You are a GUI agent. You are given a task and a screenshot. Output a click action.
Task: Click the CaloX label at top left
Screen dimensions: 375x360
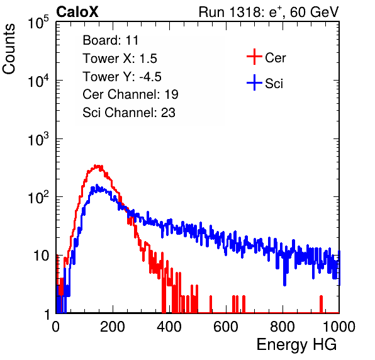[x=77, y=11]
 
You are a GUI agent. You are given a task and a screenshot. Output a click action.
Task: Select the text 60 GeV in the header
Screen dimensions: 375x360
[x=315, y=12]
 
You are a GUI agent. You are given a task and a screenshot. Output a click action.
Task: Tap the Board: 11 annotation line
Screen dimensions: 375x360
[x=111, y=40]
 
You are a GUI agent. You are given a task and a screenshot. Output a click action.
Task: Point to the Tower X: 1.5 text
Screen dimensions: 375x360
[x=120, y=59]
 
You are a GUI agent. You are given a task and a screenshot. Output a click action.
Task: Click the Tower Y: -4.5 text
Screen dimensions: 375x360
[x=122, y=77]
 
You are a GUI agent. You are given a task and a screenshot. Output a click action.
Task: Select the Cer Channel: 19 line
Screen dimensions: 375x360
[x=130, y=94]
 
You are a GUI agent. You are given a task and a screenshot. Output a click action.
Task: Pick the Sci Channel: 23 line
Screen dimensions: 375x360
[x=129, y=113]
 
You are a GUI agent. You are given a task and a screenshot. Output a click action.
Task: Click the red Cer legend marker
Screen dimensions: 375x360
[x=254, y=57]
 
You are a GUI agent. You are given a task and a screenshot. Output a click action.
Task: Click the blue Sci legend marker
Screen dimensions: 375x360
[x=254, y=82]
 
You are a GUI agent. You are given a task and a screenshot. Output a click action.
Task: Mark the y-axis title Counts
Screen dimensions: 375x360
[x=9, y=49]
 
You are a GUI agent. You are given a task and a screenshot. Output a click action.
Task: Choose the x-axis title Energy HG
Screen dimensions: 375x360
[x=296, y=345]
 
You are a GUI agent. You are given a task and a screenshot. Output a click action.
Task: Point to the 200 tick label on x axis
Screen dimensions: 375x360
[x=113, y=327]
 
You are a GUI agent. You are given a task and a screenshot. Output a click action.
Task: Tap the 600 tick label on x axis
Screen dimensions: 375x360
[x=226, y=327]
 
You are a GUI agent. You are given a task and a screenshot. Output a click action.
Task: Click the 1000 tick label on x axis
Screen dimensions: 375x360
[x=339, y=327]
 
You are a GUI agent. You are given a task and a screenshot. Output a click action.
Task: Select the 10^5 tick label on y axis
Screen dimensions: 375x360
[x=38, y=22]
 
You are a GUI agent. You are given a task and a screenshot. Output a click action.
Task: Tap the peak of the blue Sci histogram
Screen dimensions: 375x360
[x=97, y=186]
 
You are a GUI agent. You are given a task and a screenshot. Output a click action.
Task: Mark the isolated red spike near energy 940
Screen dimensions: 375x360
[x=321, y=304]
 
